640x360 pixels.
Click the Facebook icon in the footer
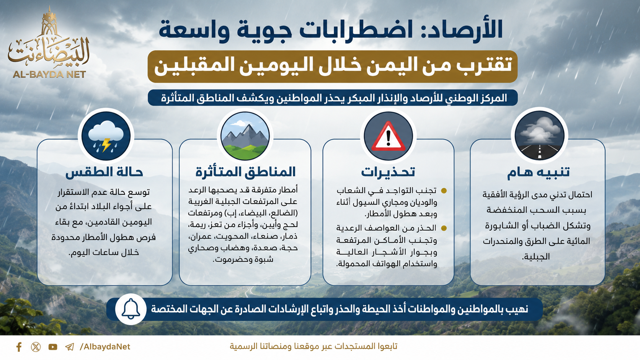[x=19, y=347]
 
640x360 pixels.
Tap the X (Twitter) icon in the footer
[x=36, y=347]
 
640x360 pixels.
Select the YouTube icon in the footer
[x=53, y=347]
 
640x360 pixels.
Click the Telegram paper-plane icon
[x=69, y=347]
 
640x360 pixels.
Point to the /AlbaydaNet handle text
[x=105, y=347]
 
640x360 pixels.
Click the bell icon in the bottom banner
[x=131, y=309]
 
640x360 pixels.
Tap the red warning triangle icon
[x=388, y=137]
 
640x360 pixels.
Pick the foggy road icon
[x=539, y=135]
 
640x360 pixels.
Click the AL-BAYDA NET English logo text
[x=49, y=75]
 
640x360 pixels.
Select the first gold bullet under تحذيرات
[x=444, y=191]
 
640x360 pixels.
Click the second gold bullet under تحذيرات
[x=444, y=228]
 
